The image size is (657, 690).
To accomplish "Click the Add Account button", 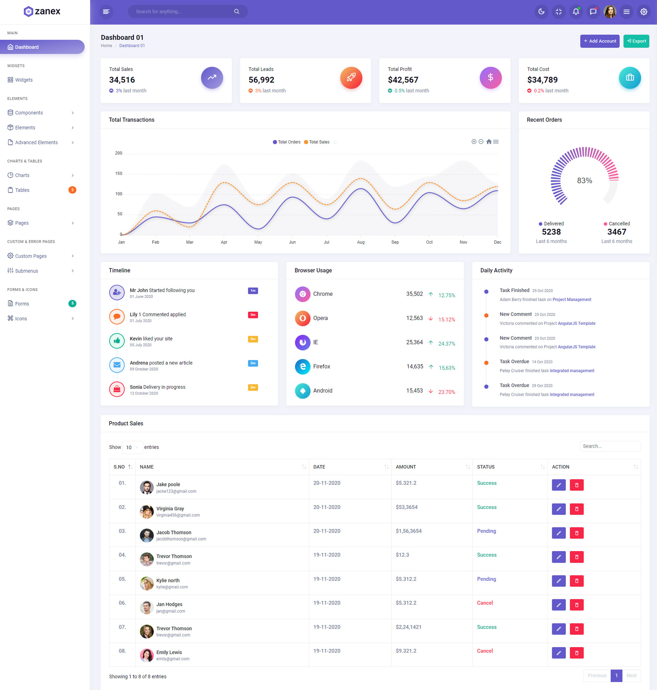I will coord(599,41).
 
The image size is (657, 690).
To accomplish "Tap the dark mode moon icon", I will coord(541,12).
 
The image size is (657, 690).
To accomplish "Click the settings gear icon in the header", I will coord(643,12).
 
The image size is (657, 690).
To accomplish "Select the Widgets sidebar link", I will coord(24,80).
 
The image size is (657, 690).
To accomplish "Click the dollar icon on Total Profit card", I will coord(490,77).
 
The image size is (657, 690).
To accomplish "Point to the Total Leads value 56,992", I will coord(261,80).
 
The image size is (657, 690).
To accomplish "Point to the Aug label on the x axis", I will coord(360,242).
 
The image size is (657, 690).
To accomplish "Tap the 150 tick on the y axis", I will coord(119,174).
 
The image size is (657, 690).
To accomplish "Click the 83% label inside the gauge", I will coord(584,180).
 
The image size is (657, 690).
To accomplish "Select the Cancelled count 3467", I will coord(616,232).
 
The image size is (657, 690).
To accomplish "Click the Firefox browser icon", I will coord(302,366).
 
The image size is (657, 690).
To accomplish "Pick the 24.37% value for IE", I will coord(447,344).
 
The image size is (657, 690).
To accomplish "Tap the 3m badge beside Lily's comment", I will coord(253,315).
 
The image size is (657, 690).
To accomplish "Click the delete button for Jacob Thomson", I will coord(577,533).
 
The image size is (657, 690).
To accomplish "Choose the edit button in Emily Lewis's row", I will coord(558,653).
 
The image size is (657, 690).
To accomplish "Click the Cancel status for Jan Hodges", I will coord(485,603).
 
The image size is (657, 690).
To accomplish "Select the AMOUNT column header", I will coord(405,467).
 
